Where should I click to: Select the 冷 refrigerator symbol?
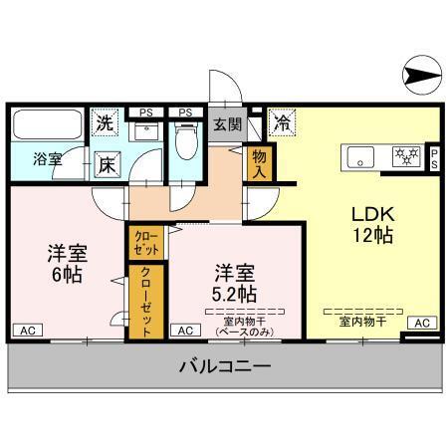282,124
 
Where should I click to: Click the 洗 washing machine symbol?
105,124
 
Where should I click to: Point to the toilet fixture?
185,142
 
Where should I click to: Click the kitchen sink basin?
358,156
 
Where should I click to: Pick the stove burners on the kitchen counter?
405,156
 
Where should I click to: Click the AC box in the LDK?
422,323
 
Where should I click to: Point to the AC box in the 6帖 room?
28,330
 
